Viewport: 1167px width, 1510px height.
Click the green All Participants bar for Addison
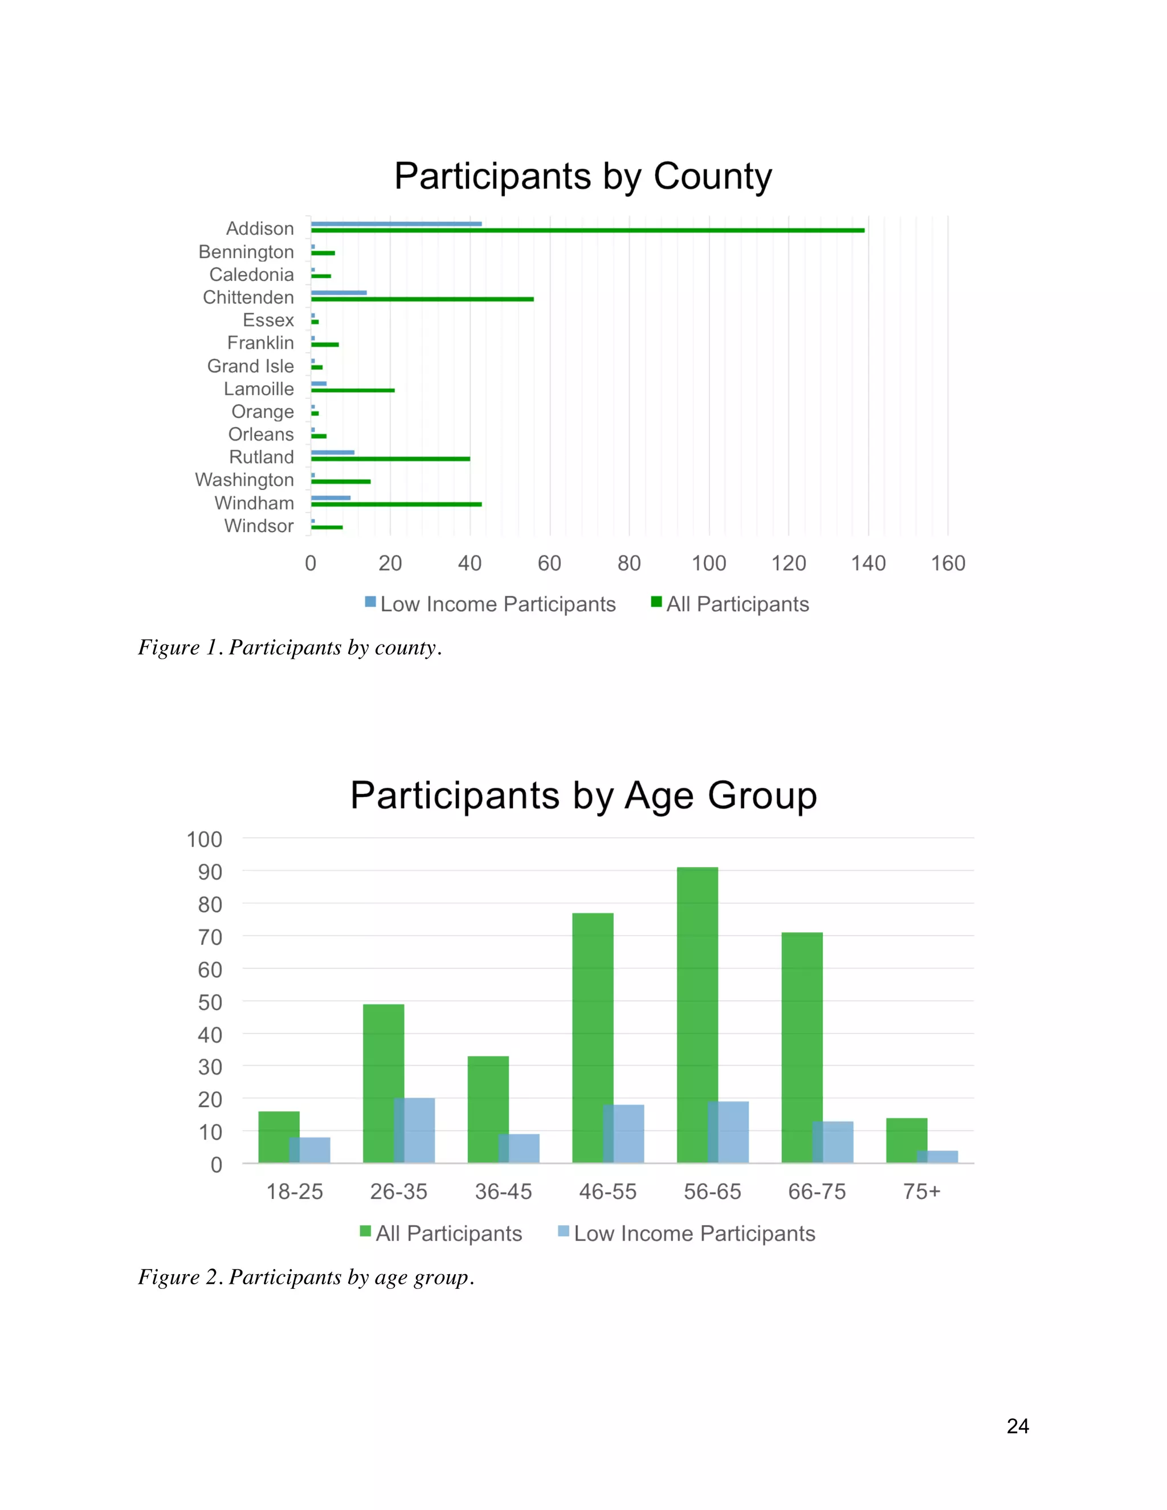587,230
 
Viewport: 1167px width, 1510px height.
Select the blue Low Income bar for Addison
396,223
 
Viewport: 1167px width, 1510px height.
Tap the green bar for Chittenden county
422,299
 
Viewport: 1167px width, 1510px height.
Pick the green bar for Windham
396,504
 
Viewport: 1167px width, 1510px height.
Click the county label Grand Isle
250,366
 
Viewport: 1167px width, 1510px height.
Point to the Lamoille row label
259,389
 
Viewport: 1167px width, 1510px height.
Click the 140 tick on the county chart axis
868,563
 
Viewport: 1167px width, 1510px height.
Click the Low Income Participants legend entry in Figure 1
490,603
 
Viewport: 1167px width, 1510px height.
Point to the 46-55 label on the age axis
607,1191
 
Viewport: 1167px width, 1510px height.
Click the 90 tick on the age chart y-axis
210,872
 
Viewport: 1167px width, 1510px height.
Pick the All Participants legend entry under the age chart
441,1234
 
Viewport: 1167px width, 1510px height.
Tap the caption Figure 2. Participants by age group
305,1276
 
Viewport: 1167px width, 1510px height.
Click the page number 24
1017,1426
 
